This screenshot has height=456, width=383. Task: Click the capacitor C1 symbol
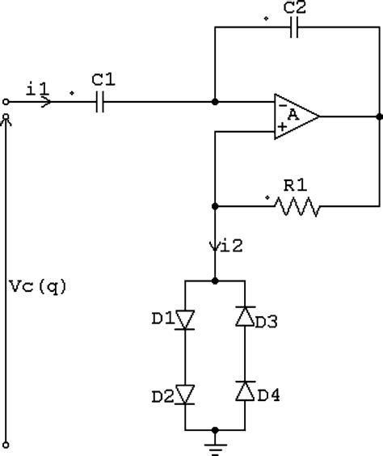click(99, 103)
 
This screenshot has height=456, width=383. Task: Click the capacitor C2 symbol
click(297, 27)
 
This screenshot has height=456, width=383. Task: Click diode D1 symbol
click(187, 321)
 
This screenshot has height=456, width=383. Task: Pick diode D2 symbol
click(187, 395)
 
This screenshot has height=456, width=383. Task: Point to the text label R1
click(293, 186)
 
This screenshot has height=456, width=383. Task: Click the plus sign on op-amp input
click(280, 127)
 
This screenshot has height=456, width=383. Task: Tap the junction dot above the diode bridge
click(215, 280)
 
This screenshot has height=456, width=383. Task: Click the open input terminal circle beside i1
click(6, 103)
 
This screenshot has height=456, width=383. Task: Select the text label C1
click(102, 80)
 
